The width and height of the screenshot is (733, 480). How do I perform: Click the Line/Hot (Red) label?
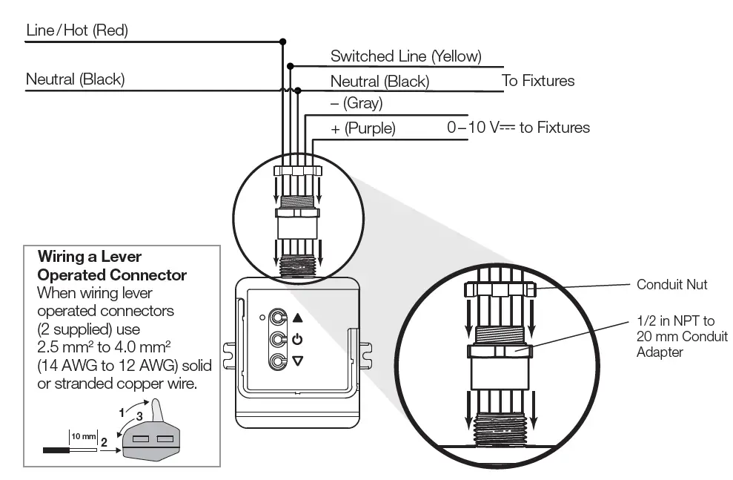click(77, 30)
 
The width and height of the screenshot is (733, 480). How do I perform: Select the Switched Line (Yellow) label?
click(405, 56)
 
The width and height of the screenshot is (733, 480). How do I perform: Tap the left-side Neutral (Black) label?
click(75, 79)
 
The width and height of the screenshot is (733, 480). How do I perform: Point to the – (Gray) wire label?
click(356, 104)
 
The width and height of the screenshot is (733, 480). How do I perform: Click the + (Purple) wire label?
click(363, 128)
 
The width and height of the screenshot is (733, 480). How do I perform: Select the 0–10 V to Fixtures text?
click(518, 128)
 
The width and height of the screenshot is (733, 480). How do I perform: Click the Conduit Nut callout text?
click(671, 284)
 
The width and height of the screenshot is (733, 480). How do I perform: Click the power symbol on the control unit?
click(298, 340)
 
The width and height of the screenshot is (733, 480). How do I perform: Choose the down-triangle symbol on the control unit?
click(298, 361)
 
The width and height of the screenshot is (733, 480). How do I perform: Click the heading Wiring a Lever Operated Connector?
click(112, 266)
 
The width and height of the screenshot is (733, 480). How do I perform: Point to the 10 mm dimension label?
click(84, 434)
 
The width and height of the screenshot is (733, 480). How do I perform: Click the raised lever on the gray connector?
click(156, 410)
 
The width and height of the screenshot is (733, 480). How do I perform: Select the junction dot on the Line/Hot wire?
click(282, 42)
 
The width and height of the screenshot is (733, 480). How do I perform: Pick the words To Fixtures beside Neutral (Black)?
click(538, 81)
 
